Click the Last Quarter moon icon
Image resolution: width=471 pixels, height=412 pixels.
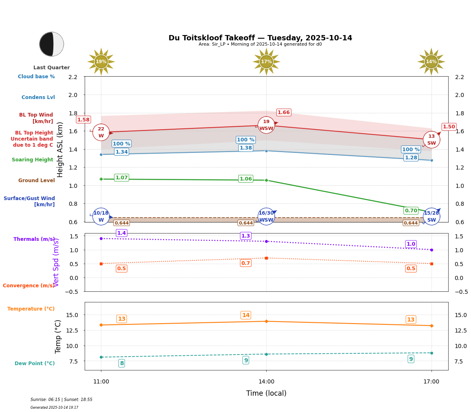(x=52, y=44)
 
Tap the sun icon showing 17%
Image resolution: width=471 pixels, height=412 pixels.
(x=266, y=62)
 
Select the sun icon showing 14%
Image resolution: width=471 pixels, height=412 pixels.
(x=431, y=62)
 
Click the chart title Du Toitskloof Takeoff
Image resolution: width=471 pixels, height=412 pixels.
(x=260, y=38)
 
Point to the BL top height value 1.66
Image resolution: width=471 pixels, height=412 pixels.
(x=284, y=112)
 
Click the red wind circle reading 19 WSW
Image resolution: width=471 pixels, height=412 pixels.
(x=266, y=125)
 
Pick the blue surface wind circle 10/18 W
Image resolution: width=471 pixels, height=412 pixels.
(x=101, y=216)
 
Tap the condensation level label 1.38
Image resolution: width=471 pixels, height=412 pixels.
(x=246, y=148)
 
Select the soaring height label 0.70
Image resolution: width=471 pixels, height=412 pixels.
(x=411, y=211)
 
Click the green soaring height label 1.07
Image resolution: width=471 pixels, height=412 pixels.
(x=121, y=178)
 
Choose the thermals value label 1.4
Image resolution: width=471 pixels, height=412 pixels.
(x=121, y=233)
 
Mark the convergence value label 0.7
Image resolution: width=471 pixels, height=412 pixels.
(x=245, y=263)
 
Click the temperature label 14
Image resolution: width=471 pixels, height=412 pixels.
(x=246, y=315)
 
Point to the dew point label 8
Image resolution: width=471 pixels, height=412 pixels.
(x=122, y=363)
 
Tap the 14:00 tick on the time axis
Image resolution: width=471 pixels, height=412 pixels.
(x=266, y=381)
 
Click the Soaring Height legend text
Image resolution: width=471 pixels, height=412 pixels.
(x=33, y=160)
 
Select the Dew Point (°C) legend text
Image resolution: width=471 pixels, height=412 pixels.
(x=35, y=364)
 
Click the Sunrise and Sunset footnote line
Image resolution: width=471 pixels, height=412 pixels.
(x=61, y=400)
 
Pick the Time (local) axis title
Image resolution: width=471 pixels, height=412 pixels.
(x=266, y=393)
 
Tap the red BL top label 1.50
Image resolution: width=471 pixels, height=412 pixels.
(x=449, y=127)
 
